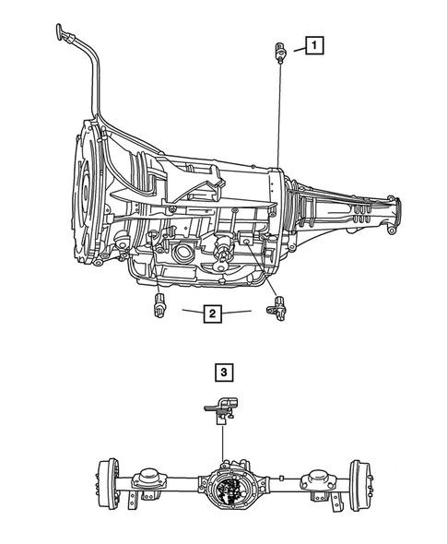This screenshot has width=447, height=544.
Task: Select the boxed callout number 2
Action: coord(213,314)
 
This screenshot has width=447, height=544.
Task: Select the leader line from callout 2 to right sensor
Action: coord(241,313)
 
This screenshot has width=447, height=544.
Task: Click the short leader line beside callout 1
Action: coord(294,46)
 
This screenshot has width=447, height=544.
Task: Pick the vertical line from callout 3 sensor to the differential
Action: coord(222,443)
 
